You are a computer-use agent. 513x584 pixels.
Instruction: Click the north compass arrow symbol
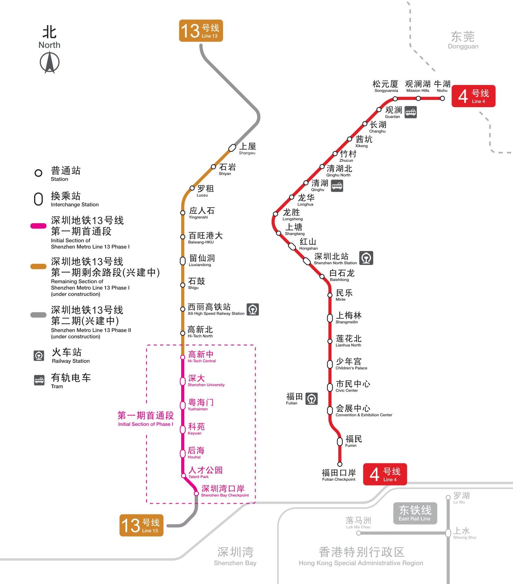50,62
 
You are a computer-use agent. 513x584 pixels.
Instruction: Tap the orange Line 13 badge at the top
201,31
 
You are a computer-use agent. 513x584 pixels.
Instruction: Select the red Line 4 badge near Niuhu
473,96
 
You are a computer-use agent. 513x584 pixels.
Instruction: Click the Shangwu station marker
233,148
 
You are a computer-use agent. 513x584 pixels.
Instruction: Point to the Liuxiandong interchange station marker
183,260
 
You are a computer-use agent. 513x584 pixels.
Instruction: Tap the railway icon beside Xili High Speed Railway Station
253,309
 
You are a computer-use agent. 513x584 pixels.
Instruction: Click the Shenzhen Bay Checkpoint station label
224,490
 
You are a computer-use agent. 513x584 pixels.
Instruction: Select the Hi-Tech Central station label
201,356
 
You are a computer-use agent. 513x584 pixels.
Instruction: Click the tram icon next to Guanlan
410,112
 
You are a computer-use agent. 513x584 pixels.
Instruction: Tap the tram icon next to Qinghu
337,186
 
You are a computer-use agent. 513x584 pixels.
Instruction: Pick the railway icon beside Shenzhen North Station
366,258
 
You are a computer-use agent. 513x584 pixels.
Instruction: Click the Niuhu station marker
442,98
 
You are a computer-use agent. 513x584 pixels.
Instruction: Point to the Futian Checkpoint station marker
340,464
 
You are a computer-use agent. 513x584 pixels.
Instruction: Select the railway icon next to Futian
312,398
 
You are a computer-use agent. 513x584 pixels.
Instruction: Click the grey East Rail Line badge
415,513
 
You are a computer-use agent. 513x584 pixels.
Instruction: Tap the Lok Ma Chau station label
358,522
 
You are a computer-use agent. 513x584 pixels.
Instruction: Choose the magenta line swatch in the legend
38,226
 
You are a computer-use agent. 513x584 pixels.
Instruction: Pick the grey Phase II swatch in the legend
38,315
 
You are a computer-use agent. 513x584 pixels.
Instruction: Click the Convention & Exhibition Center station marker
330,410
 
